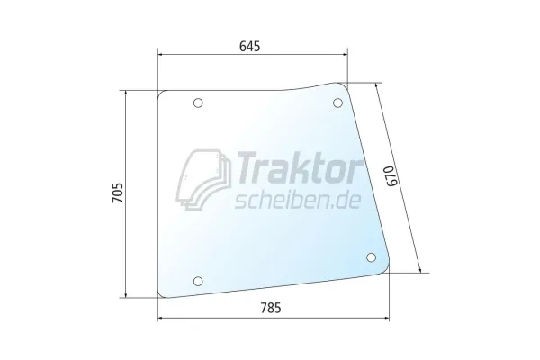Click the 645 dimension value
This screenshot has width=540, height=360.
coord(249,46)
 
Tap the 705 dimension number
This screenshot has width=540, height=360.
coord(117,193)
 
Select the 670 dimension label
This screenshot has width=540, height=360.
coord(392,176)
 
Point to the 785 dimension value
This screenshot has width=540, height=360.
coord(271,308)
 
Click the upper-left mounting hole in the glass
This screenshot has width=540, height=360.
coord(198,103)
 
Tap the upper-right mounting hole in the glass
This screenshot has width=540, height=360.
coord(337,103)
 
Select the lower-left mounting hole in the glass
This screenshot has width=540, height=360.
coord(198,281)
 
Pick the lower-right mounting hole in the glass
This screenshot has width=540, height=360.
coord(371,257)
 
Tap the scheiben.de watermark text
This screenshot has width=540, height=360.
coord(298,201)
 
